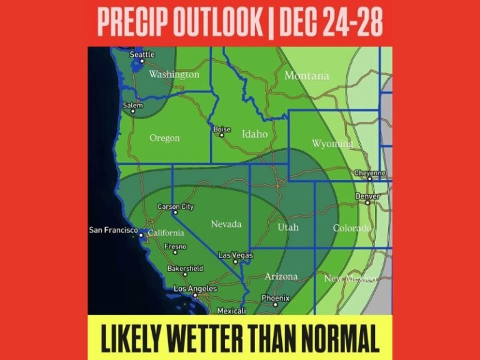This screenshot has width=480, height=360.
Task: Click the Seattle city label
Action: (x=142, y=54)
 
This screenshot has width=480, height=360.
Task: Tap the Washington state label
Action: (x=174, y=74)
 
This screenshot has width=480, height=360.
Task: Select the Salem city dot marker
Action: (x=132, y=112)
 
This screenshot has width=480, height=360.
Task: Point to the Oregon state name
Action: (x=164, y=138)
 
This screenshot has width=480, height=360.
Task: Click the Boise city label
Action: (x=222, y=129)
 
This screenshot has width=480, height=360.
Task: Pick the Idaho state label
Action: (x=254, y=134)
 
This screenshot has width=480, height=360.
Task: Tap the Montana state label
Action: (x=306, y=76)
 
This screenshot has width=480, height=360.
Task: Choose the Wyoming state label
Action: (x=332, y=144)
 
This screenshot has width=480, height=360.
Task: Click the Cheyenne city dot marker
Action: (x=370, y=179)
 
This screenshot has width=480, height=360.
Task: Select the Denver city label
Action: (x=367, y=196)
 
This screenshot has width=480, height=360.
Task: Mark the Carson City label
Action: (x=176, y=206)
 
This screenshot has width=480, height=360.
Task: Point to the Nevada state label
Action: (x=226, y=224)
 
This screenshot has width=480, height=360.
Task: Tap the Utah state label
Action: (x=288, y=227)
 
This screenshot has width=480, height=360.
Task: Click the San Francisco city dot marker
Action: (x=142, y=235)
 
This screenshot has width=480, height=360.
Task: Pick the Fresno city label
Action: (x=175, y=246)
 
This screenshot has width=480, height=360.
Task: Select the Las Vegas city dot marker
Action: (x=235, y=262)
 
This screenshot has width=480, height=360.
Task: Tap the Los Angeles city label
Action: (x=195, y=288)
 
